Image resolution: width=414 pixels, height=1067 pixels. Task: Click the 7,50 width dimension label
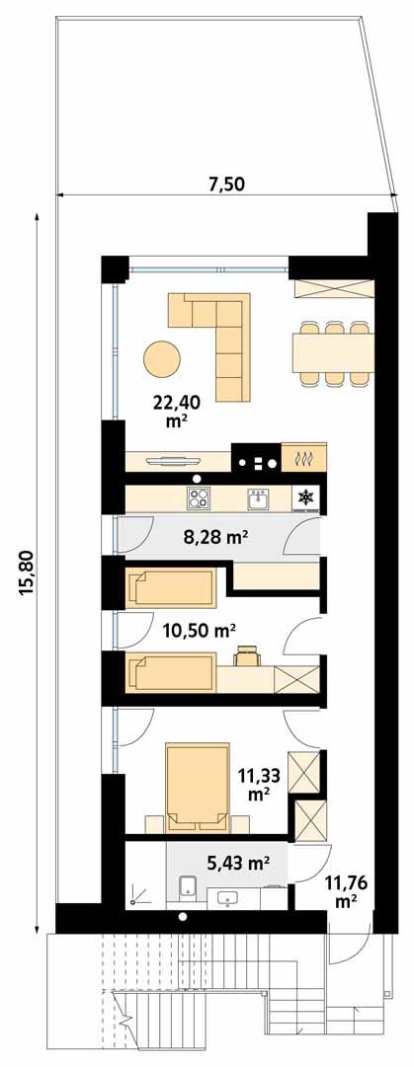pos(225,183)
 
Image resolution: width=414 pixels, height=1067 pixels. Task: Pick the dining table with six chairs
pos(332,350)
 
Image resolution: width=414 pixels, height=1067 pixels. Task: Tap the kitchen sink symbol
pos(259,498)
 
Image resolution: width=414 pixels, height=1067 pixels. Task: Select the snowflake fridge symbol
pos(306,498)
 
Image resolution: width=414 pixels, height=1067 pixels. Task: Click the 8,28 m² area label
pos(216,537)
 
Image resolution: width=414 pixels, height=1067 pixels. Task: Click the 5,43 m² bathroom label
pos(238,863)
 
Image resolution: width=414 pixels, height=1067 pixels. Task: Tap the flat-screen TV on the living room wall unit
pos(178,458)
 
